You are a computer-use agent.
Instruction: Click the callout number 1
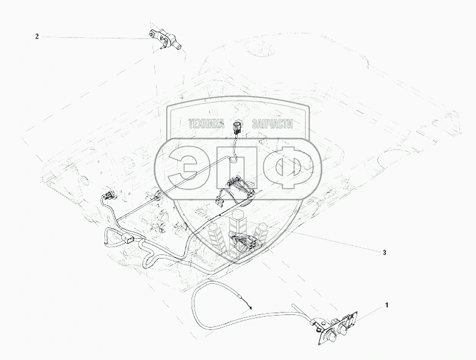coord(387,305)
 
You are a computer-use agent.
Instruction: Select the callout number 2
coord(37,37)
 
